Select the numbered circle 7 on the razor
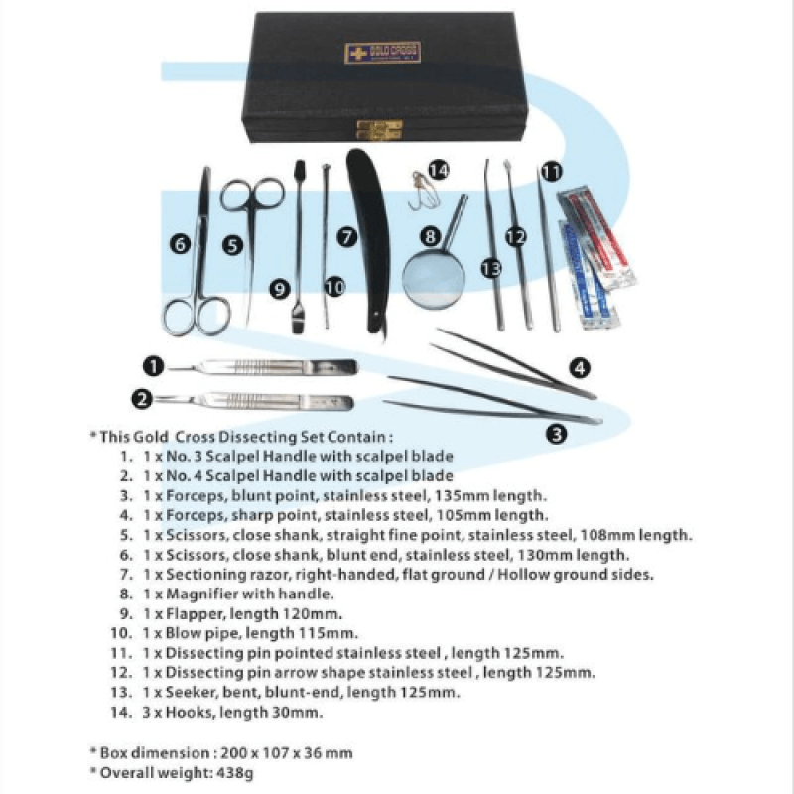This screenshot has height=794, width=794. pos(346,237)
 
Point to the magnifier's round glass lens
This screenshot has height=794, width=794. pos(433,273)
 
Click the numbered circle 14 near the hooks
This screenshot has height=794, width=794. pos(439,170)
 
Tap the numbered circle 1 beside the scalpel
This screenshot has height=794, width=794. pos(152,366)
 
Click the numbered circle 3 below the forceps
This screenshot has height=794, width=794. pos(557,432)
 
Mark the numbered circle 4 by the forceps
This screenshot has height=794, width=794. pos(581,368)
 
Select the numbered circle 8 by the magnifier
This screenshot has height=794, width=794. pos(429,237)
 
